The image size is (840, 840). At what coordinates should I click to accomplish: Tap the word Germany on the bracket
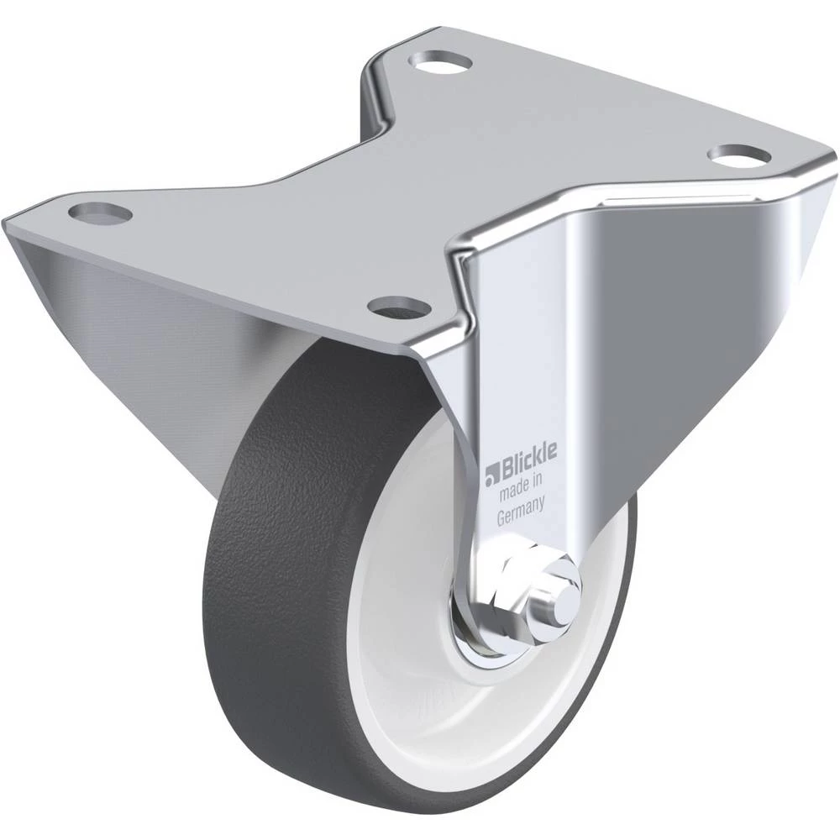click(x=521, y=511)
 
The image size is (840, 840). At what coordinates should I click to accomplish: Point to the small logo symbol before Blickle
click(x=491, y=475)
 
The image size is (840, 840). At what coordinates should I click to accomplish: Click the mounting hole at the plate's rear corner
click(x=440, y=61)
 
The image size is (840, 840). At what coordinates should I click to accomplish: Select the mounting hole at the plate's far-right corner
click(x=738, y=155)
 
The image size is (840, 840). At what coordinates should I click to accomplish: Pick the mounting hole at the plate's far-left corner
click(x=100, y=213)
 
